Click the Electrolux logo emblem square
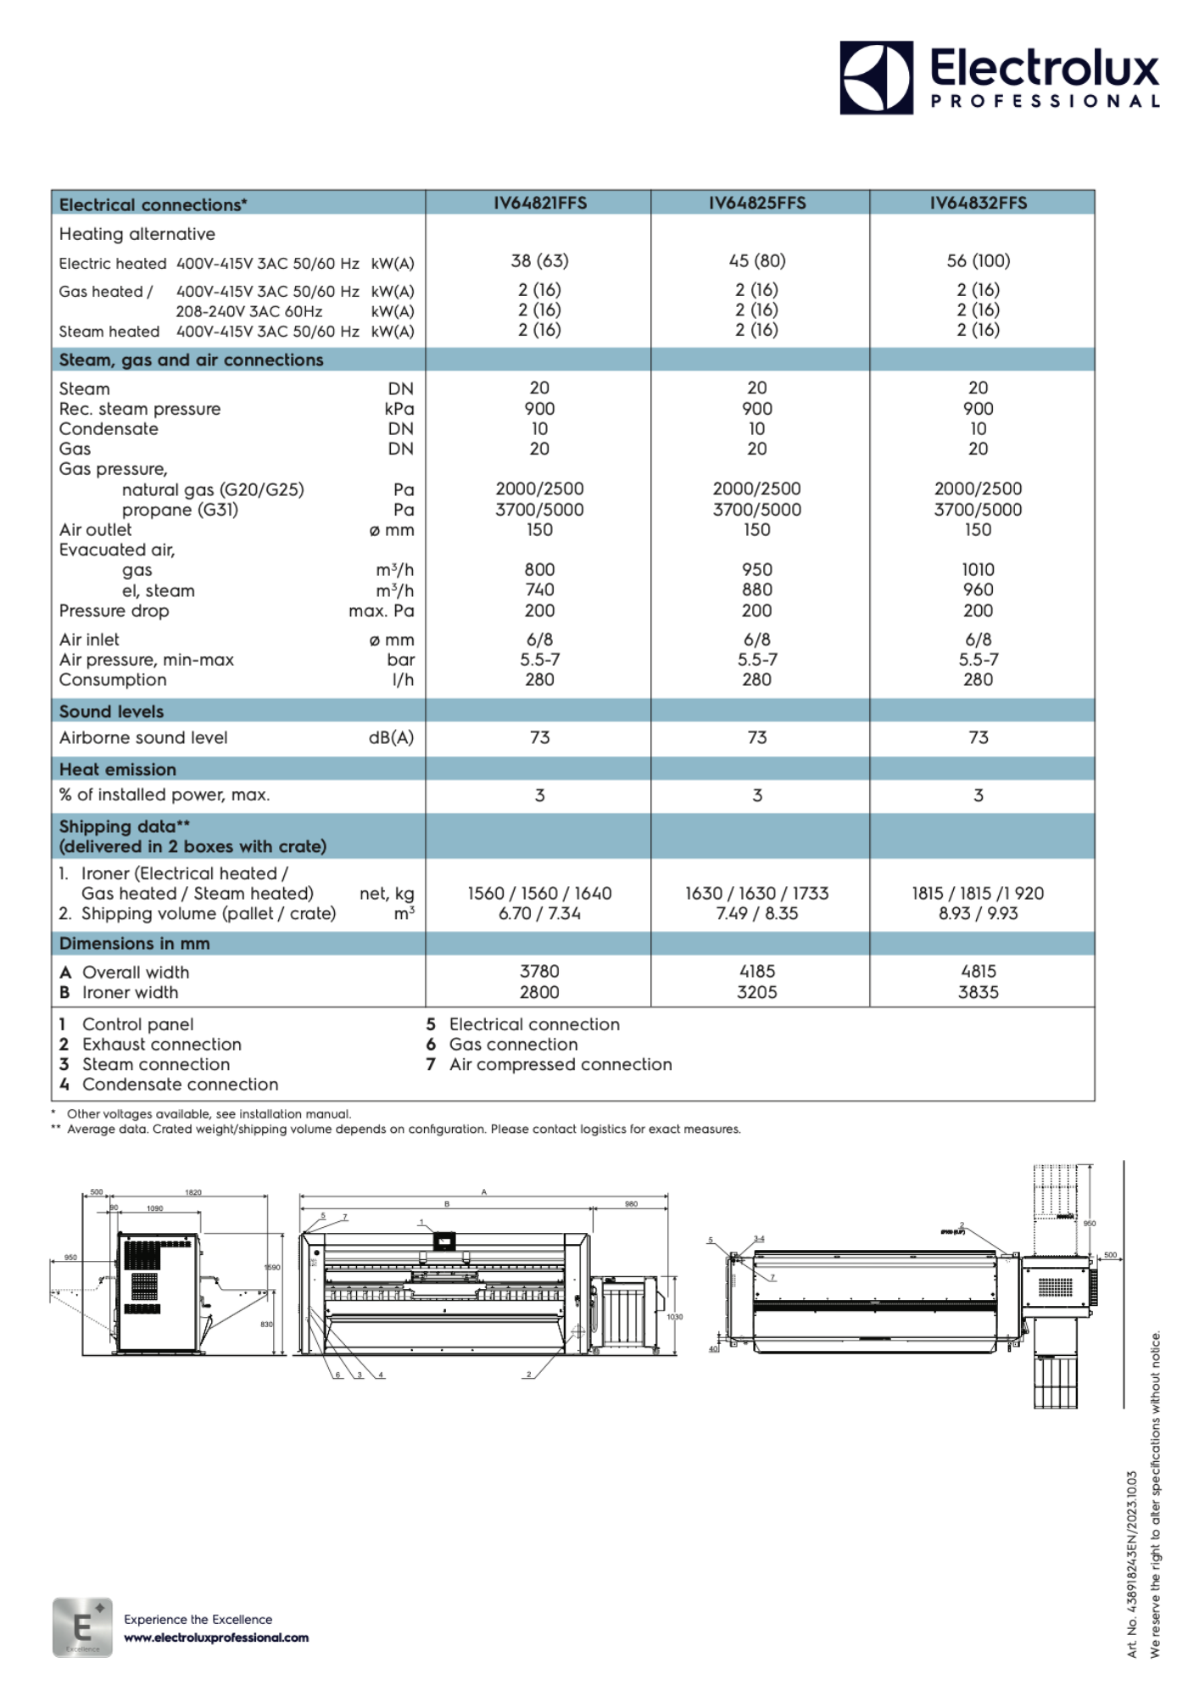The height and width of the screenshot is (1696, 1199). pos(876,77)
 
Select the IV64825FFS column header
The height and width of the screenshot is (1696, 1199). pos(757,203)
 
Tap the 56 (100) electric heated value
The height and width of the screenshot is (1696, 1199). pos(978,261)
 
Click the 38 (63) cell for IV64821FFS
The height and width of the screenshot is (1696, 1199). pos(539,261)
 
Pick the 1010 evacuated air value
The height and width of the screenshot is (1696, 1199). pos(978,570)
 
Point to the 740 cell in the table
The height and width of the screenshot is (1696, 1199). pos(539,590)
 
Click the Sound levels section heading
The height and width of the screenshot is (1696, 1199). pos(111,711)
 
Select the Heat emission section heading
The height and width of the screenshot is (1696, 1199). pos(118,769)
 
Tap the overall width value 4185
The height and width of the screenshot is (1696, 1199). pos(757,972)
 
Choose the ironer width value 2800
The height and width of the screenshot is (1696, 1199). pos(539,992)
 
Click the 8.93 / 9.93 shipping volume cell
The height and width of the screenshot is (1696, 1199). pos(978,913)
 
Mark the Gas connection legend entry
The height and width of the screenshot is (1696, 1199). pos(513,1045)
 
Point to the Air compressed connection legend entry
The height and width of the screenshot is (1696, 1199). pos(560,1065)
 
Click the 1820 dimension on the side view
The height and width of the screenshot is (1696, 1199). pos(193,1193)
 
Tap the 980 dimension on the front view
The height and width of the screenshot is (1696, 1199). pos(631,1204)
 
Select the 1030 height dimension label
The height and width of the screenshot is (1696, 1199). pos(674,1317)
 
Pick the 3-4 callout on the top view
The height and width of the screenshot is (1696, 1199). pos(759,1239)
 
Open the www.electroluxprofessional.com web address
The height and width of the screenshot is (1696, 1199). pos(216,1637)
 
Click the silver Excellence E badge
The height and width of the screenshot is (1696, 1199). pos(82,1627)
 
